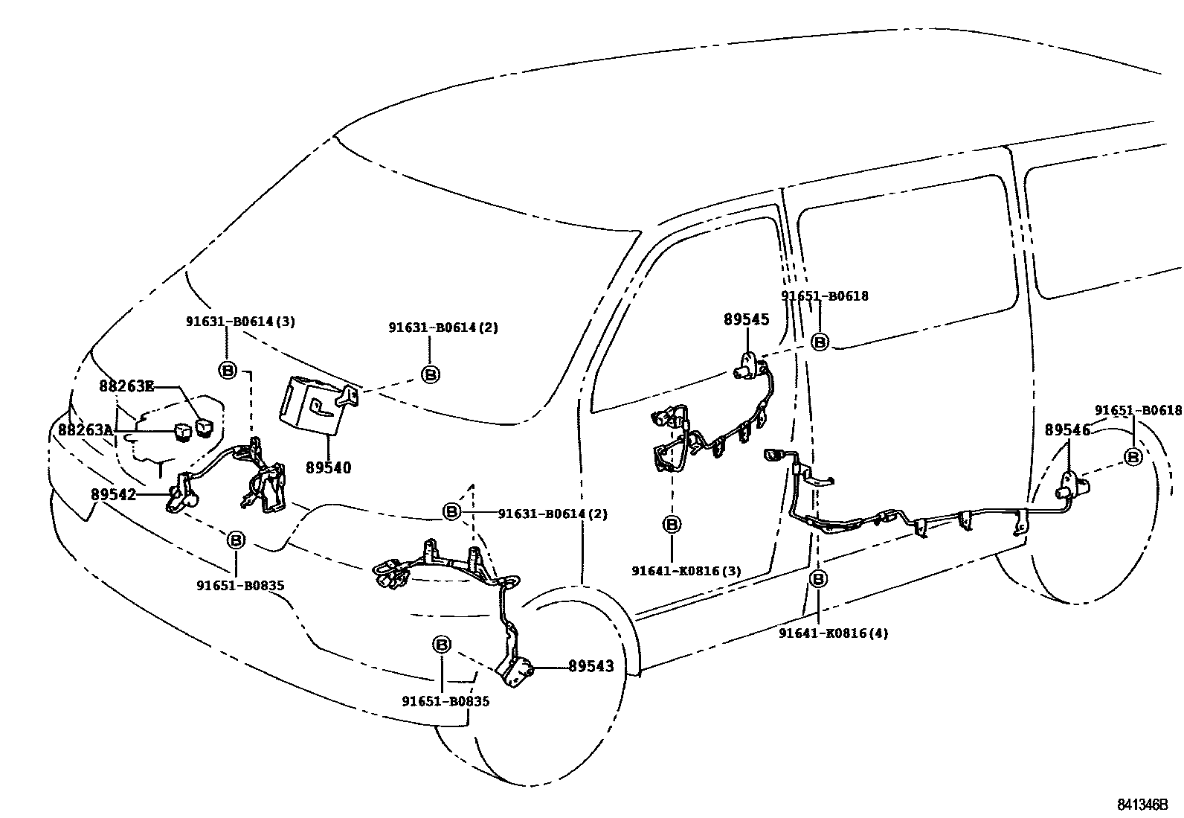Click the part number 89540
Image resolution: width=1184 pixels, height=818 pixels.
(x=328, y=468)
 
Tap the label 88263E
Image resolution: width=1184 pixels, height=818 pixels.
(x=126, y=386)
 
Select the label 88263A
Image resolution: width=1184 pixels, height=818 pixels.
(x=86, y=429)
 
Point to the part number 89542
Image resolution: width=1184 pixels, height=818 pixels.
(x=114, y=493)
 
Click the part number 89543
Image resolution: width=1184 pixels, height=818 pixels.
(x=591, y=666)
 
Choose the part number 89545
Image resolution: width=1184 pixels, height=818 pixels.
(x=746, y=319)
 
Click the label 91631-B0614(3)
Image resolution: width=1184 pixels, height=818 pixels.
(x=240, y=322)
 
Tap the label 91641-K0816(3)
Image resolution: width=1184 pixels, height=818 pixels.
(x=686, y=571)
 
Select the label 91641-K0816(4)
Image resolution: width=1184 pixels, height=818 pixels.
(x=833, y=633)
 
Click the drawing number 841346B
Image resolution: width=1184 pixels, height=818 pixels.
(x=1142, y=805)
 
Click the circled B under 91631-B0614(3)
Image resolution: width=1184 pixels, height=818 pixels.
(x=228, y=369)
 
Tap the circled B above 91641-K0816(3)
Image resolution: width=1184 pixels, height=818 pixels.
(x=672, y=525)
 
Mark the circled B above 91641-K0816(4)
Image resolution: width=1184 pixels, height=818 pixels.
(x=818, y=579)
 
